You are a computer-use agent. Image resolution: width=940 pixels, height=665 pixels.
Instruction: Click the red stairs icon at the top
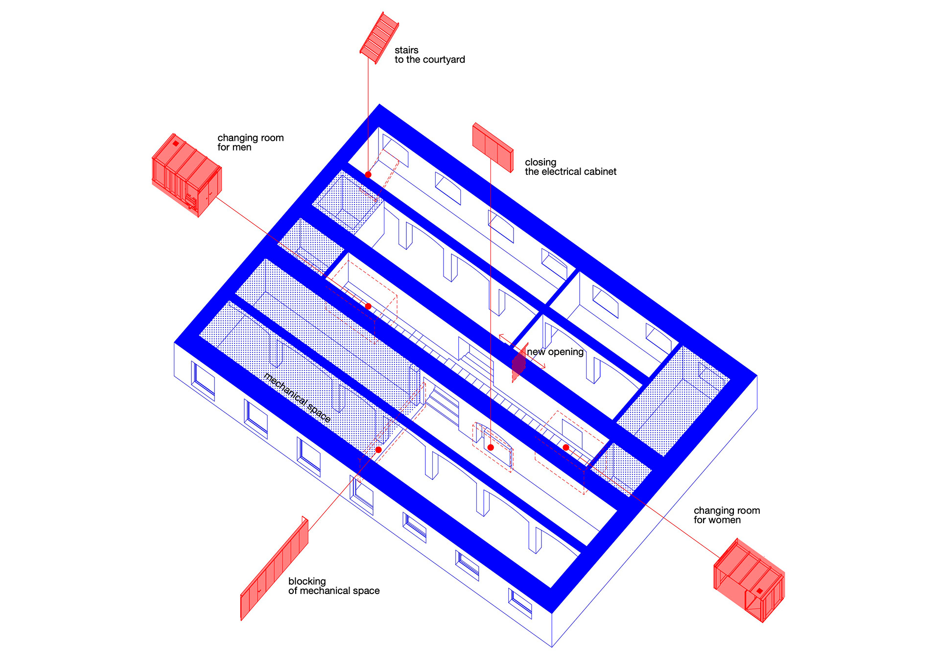(x=379, y=38)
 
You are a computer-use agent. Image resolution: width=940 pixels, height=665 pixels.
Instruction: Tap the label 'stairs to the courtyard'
(x=429, y=55)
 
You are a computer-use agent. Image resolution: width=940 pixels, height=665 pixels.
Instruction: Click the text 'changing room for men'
(x=250, y=142)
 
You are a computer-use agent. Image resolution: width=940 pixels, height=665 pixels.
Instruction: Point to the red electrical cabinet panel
(x=493, y=147)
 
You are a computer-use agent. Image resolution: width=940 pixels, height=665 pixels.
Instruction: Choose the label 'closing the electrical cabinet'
(x=570, y=167)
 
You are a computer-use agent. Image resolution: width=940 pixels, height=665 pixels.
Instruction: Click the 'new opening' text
(x=555, y=352)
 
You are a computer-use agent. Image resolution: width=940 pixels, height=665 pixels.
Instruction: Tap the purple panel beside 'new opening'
(x=518, y=364)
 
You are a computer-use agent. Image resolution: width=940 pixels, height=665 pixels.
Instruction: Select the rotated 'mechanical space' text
(x=297, y=397)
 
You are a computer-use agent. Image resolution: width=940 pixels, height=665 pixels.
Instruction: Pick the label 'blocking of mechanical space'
(x=333, y=586)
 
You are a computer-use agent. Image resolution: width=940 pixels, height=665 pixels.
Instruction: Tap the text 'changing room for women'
(x=727, y=515)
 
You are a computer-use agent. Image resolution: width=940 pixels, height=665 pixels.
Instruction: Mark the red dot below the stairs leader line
(x=368, y=175)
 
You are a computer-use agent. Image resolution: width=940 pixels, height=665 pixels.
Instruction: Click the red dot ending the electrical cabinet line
(x=491, y=447)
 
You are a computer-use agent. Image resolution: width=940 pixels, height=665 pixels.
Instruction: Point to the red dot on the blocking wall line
(x=378, y=450)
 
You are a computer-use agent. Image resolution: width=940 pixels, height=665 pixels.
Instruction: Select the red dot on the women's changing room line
(x=566, y=447)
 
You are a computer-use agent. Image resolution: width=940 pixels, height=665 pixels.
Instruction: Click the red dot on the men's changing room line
(x=368, y=307)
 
